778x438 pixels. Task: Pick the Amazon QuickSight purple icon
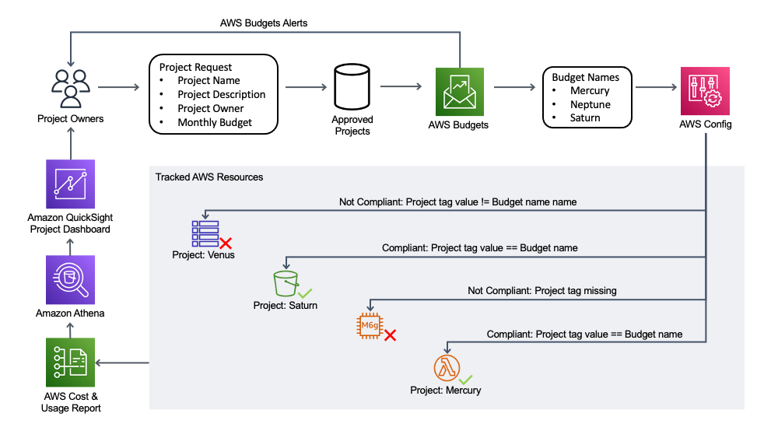pyautogui.click(x=70, y=184)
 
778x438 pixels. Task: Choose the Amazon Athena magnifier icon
pyautogui.click(x=70, y=280)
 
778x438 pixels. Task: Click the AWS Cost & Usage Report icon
pyautogui.click(x=70, y=363)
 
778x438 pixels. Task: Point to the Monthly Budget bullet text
pyautogui.click(x=215, y=122)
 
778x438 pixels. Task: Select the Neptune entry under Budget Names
pyautogui.click(x=591, y=104)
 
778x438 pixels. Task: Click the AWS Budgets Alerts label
pyautogui.click(x=264, y=23)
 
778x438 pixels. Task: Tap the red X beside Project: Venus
pyautogui.click(x=226, y=244)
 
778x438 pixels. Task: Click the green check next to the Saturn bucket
pyautogui.click(x=306, y=293)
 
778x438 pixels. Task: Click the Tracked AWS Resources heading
pyautogui.click(x=209, y=177)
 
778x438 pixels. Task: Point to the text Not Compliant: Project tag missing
pyautogui.click(x=541, y=290)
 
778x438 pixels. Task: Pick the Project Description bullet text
pyautogui.click(x=221, y=94)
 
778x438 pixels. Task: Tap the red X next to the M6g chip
pyautogui.click(x=391, y=335)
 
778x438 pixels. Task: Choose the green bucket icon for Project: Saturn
pyautogui.click(x=285, y=284)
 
